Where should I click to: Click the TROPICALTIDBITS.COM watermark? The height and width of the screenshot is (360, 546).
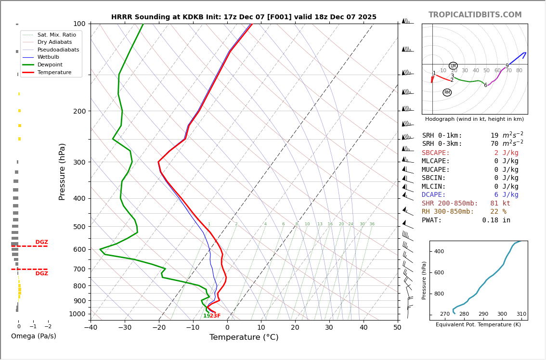[475, 15]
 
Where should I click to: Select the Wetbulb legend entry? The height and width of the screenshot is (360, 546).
[48, 57]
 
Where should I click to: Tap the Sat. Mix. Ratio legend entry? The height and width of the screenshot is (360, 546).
[56, 35]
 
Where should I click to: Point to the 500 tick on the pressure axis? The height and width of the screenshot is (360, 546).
[79, 227]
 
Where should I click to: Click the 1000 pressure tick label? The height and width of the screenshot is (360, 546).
[78, 314]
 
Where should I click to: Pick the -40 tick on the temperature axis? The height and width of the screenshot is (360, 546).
[91, 328]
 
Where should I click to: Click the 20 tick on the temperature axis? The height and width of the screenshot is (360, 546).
[295, 328]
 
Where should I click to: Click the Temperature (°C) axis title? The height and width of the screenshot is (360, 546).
[244, 337]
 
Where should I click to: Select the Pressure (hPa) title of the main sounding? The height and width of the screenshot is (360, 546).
[62, 171]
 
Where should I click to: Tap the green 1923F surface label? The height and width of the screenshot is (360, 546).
[212, 316]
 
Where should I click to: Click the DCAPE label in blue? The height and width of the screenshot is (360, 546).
[434, 195]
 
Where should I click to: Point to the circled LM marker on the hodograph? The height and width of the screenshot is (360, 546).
[453, 66]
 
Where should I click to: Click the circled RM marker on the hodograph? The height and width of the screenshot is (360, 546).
[447, 92]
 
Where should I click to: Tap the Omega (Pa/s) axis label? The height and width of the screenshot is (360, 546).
[33, 336]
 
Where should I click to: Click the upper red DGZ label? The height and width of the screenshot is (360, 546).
[42, 242]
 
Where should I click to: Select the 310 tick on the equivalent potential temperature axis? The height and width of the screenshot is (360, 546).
[521, 314]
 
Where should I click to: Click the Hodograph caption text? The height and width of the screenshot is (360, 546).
[474, 119]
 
